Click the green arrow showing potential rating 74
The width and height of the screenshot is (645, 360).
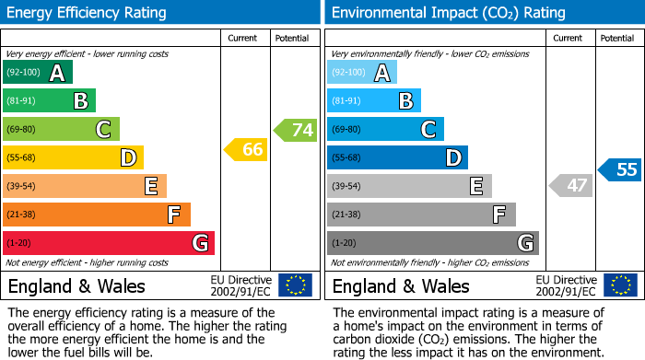click(x=296, y=130)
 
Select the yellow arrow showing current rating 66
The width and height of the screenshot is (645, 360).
click(x=246, y=149)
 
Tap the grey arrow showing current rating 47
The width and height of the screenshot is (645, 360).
click(x=570, y=186)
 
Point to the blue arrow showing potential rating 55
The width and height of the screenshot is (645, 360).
click(x=620, y=169)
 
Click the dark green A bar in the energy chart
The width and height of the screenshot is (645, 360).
click(x=38, y=73)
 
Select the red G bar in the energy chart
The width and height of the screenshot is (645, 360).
click(x=109, y=243)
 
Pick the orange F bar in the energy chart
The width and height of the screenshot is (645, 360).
click(x=97, y=215)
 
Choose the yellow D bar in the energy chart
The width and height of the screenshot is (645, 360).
click(x=73, y=157)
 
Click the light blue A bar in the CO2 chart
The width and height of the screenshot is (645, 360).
click(x=362, y=73)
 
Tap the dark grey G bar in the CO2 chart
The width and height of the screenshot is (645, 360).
click(x=433, y=243)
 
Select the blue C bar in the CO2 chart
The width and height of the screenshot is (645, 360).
click(x=385, y=130)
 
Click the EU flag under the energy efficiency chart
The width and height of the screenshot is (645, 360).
click(x=295, y=285)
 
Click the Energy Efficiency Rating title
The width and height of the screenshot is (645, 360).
click(x=88, y=13)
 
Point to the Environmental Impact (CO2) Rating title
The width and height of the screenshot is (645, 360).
click(x=448, y=13)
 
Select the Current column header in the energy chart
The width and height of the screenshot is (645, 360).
click(x=242, y=38)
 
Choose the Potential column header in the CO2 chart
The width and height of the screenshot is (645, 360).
click(x=616, y=38)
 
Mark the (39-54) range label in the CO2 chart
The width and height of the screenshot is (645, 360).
click(x=348, y=187)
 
